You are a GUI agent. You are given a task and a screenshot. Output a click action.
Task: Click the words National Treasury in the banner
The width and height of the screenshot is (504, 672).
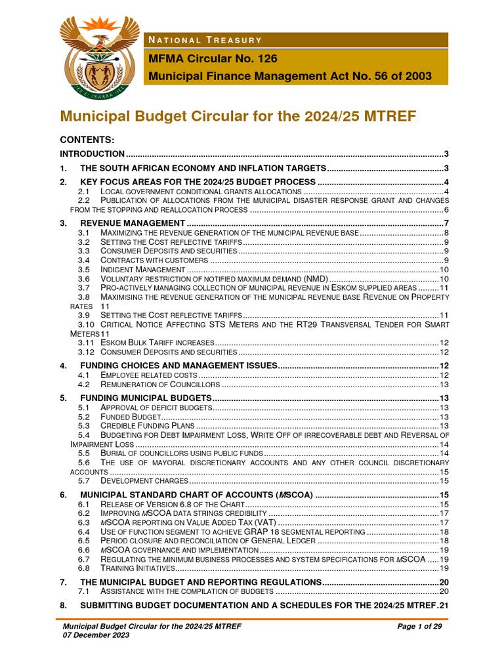click(x=205, y=41)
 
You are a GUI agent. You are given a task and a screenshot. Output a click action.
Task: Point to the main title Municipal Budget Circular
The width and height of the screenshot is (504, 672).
click(x=238, y=117)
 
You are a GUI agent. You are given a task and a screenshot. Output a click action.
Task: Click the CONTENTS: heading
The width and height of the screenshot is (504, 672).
click(x=87, y=140)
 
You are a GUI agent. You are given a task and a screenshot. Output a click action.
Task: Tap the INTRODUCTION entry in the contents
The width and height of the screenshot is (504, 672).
click(x=92, y=154)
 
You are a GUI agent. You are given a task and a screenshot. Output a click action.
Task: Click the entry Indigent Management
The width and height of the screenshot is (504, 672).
click(x=142, y=270)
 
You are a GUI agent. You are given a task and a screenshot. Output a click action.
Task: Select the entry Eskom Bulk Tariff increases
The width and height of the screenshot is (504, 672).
click(x=157, y=343)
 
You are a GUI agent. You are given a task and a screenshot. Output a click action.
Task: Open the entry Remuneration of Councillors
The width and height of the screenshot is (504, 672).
click(x=160, y=385)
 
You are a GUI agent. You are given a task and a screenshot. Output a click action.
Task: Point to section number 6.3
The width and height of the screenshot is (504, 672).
click(x=83, y=522)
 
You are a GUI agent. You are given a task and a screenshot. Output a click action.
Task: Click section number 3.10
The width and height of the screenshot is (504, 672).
click(x=86, y=324)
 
